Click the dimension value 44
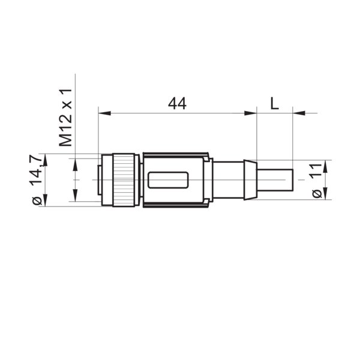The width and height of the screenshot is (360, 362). click(176, 103)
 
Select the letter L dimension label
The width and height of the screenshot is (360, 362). click(274, 103)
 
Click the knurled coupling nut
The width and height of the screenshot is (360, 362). click(125, 180)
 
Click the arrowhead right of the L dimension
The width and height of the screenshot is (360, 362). click(298, 112)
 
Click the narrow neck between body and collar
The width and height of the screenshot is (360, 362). click(228, 179)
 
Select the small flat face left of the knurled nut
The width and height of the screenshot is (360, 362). click(100, 180)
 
